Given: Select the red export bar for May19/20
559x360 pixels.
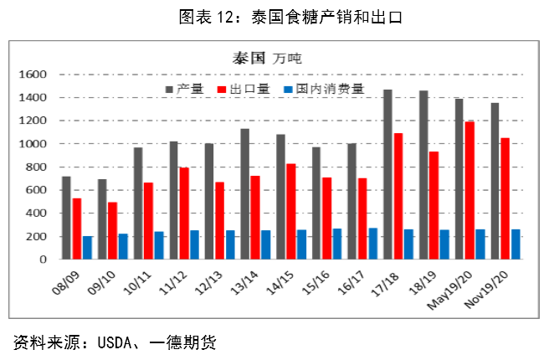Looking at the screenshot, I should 470,190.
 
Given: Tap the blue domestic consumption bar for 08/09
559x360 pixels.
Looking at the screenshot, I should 87,248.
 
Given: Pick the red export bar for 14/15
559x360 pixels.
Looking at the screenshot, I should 290,211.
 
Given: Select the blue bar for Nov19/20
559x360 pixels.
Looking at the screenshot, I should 516,244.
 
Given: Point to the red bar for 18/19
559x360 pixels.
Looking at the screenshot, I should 434,205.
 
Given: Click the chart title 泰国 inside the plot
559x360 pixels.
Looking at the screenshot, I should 249,59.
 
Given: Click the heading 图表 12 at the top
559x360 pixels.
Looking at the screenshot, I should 213,16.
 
